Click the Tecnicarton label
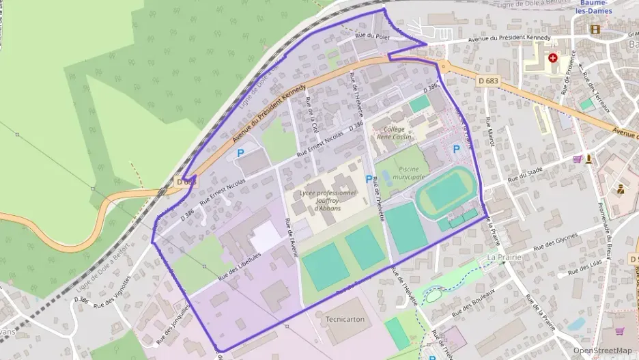pos(345,319)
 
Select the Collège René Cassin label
pos(395,133)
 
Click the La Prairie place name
pos(504,257)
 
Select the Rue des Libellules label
pos(239,266)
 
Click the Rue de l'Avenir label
pos(292,236)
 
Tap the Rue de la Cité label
pos(313,115)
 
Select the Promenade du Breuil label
pos(607,223)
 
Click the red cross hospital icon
pos(552,58)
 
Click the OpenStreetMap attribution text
pos(602,350)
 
